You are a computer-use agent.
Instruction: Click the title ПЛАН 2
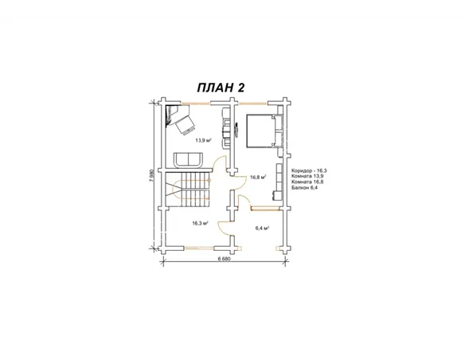[221, 88]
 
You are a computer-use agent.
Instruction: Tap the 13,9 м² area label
[203, 140]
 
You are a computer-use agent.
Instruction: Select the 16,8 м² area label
[258, 178]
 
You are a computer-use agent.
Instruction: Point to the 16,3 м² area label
[200, 223]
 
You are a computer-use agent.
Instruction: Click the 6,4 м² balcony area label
[262, 229]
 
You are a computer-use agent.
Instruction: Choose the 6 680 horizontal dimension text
[224, 258]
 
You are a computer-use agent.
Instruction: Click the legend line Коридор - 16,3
[309, 170]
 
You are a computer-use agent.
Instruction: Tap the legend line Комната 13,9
[307, 176]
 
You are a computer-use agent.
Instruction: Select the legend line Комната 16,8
[307, 182]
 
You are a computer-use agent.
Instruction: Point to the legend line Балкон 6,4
[305, 187]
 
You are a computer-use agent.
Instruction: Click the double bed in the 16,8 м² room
[260, 131]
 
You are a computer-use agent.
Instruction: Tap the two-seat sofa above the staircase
[189, 160]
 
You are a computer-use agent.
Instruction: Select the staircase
[188, 190]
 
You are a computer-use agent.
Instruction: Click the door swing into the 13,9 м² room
[221, 163]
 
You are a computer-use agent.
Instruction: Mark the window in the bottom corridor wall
[199, 247]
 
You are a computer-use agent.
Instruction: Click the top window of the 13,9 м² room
[196, 104]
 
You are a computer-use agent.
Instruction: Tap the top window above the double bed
[253, 104]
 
